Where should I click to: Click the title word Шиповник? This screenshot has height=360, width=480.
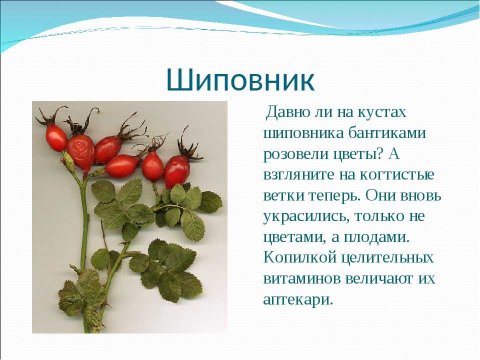click(x=240, y=80)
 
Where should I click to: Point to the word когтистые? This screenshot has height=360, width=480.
click(x=396, y=175)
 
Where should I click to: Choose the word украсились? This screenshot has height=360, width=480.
click(x=306, y=216)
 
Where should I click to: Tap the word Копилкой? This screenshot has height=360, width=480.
click(x=300, y=257)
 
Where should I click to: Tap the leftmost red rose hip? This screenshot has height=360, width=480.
click(x=56, y=137)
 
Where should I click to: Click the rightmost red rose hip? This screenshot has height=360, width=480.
click(x=177, y=171)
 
